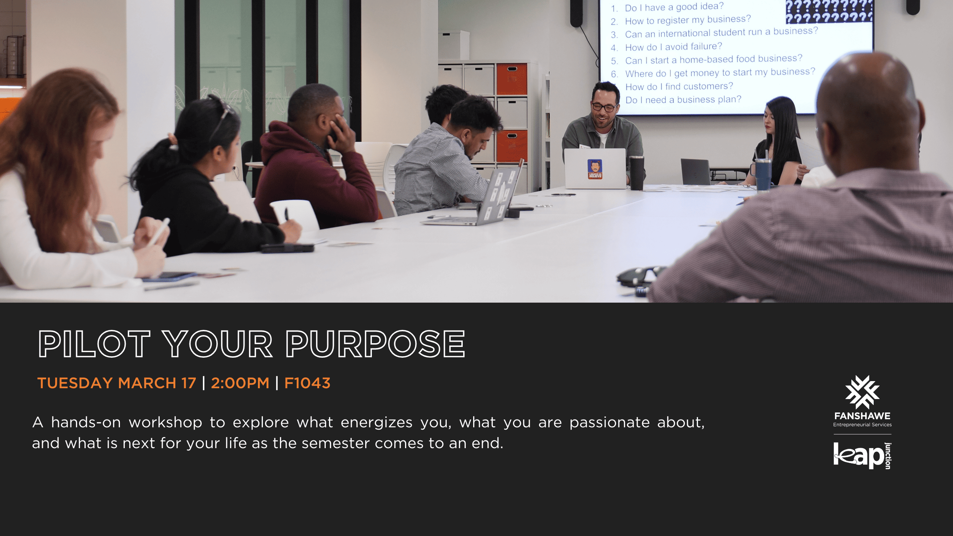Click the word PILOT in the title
coord(94,344)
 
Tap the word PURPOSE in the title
coord(376,344)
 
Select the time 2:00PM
coord(240,383)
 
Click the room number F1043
coord(307,383)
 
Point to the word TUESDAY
coord(75,383)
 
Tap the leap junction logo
coord(862,456)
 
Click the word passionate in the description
coord(610,422)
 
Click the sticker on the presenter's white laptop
coord(595,169)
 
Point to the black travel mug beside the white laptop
coord(637,172)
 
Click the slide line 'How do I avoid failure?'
coord(673,47)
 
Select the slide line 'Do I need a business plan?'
coord(683,100)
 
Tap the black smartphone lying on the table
coord(287,248)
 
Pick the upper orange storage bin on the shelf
coord(512,79)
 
